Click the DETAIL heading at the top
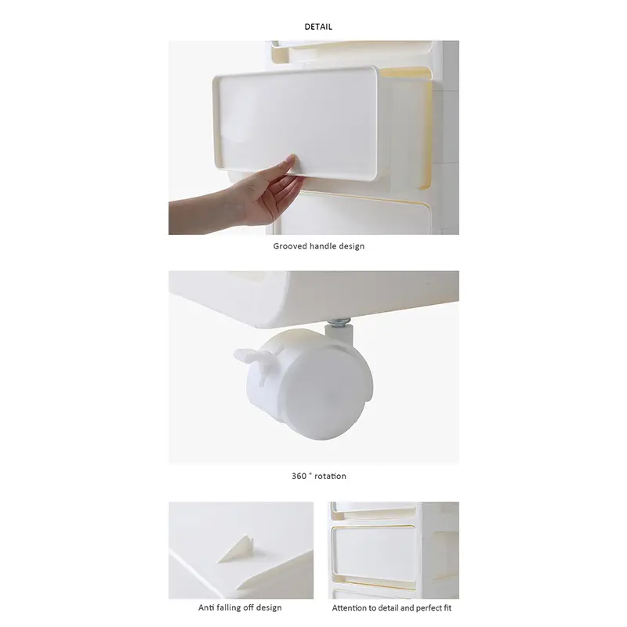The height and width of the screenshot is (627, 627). pos(318,27)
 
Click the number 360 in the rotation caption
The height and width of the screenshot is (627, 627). pos(299,476)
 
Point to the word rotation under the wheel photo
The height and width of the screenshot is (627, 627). pos(330,476)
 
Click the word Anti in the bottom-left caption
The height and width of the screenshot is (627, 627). pos(206,607)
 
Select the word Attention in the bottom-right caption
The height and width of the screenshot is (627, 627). pos(350,607)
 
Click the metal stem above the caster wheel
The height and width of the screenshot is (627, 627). pos(342,324)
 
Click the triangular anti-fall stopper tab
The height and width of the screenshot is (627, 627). pos(234,549)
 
